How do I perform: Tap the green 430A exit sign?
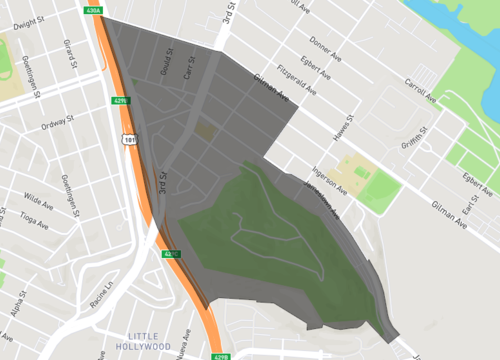coord(94,10)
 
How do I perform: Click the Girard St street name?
coord(68,48)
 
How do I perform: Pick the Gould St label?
coord(166,63)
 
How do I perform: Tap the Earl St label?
coord(468,206)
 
